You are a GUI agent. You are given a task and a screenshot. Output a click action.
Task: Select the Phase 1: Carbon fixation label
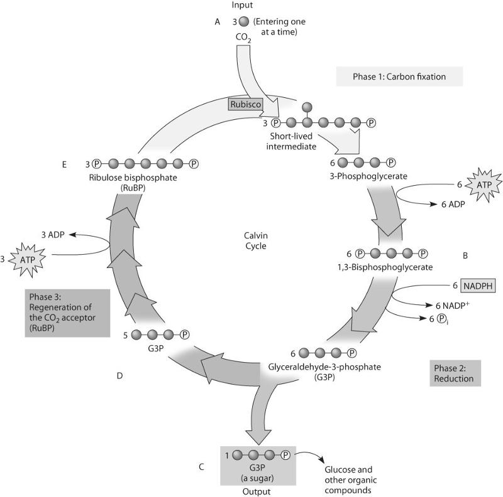pyautogui.click(x=399, y=77)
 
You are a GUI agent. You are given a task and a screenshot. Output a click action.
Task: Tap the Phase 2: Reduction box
pyautogui.click(x=456, y=373)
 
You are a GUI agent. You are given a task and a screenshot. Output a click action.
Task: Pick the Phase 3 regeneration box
pyautogui.click(x=65, y=313)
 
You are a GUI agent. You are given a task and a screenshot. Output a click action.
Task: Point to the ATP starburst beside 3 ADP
pyautogui.click(x=25, y=258)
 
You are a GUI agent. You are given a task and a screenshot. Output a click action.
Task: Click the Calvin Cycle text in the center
pyautogui.click(x=256, y=241)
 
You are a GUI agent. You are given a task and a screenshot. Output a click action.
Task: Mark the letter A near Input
pyautogui.click(x=217, y=21)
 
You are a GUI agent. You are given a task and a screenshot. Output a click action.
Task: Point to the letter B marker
pyautogui.click(x=465, y=255)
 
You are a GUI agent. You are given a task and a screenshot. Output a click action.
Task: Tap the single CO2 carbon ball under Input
pyautogui.click(x=243, y=21)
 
